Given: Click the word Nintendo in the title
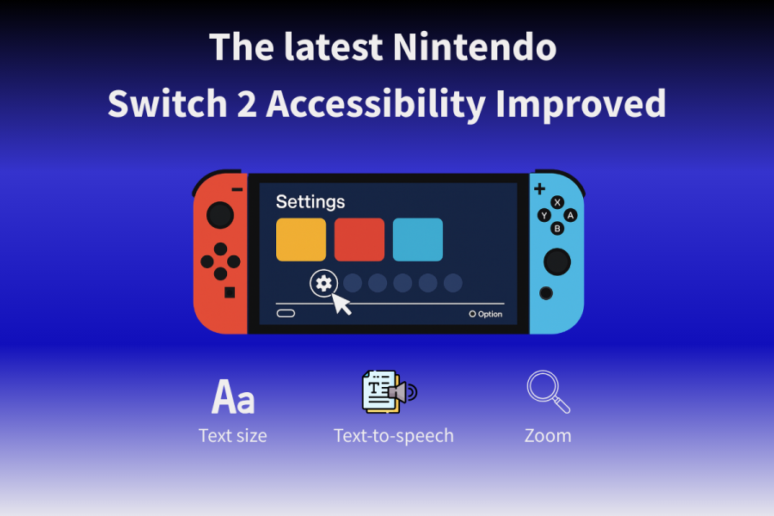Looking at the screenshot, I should (476, 46).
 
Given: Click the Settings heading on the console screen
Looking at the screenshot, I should (310, 202).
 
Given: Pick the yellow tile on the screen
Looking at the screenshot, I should (301, 240).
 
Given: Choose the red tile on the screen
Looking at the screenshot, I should (359, 240).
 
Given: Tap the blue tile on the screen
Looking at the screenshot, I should (418, 240).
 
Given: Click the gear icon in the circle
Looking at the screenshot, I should (323, 283).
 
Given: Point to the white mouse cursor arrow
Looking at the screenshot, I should (341, 304).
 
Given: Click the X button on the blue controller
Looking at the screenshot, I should (557, 202).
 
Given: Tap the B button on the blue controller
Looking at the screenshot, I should (557, 228).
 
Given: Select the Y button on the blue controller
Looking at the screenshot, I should (544, 215).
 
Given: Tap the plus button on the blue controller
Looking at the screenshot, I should (539, 188).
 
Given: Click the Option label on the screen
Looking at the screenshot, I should (489, 314).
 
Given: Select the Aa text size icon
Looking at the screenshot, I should (233, 397).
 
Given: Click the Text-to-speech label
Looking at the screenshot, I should (394, 435).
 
